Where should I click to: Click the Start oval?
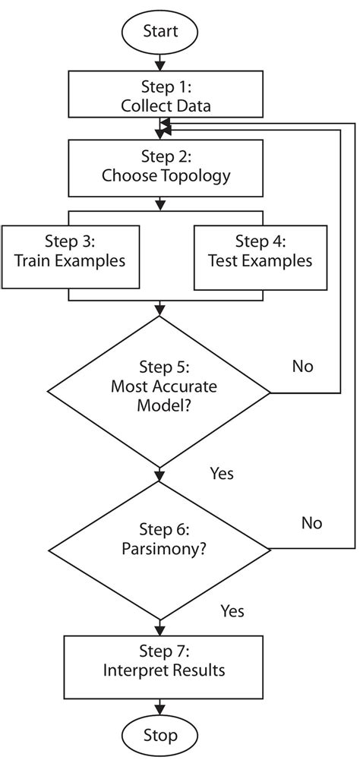159,31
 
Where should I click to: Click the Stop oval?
159,735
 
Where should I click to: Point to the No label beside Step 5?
302,367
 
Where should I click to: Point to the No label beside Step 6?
311,523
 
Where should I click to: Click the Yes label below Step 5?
221,474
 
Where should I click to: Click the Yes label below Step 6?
232,610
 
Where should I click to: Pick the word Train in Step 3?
32,260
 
